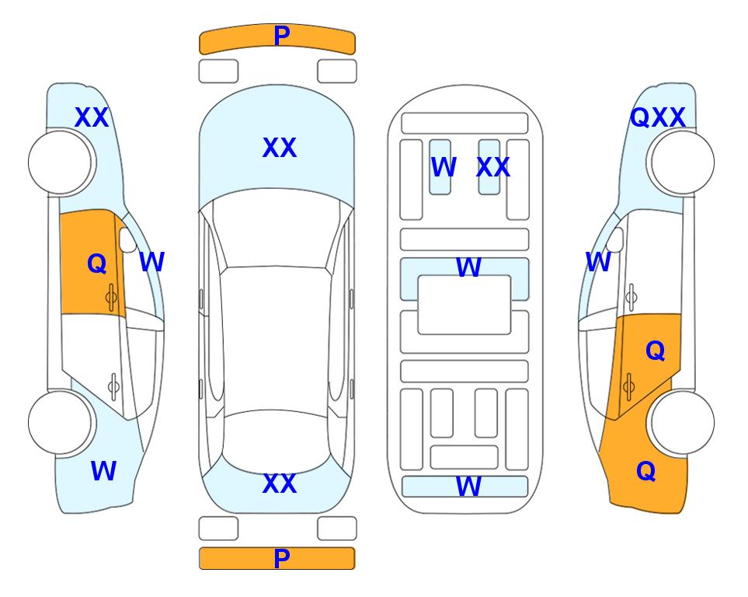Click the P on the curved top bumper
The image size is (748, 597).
click(x=282, y=36)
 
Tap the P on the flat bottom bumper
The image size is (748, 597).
click(x=282, y=558)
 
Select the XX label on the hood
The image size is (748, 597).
click(x=280, y=148)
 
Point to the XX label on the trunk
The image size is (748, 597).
click(x=280, y=484)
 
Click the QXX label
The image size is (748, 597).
click(x=658, y=117)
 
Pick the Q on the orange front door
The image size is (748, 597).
click(x=97, y=264)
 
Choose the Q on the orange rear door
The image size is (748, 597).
click(x=655, y=351)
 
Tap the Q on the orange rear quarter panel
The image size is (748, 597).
click(x=646, y=471)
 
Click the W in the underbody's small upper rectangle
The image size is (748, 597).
click(x=444, y=167)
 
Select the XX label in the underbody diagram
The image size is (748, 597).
click(x=493, y=167)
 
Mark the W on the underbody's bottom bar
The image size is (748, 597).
click(x=468, y=487)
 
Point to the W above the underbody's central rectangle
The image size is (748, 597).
click(x=468, y=267)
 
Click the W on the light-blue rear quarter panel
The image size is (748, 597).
click(x=103, y=471)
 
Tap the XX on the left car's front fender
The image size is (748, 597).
click(x=92, y=117)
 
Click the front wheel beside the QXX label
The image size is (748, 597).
click(x=680, y=162)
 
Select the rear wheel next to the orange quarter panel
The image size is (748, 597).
click(x=680, y=422)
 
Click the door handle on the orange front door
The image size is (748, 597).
click(x=111, y=297)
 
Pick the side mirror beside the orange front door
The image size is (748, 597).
click(x=127, y=239)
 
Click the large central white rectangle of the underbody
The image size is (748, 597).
click(x=464, y=305)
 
